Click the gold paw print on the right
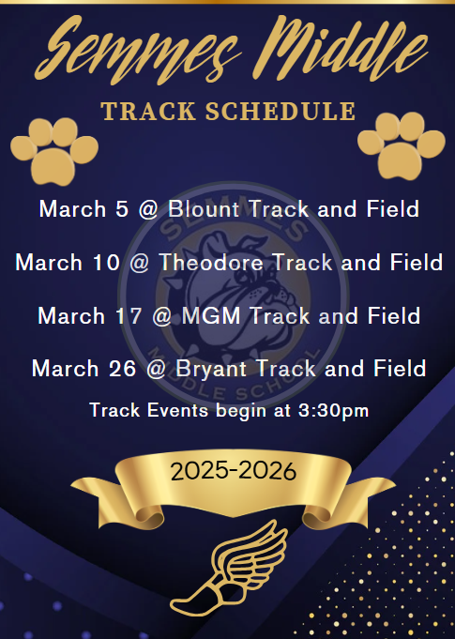pyautogui.click(x=401, y=144)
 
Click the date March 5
pyautogui.click(x=83, y=208)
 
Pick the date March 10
pyautogui.click(x=66, y=263)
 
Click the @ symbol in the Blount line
pyautogui.click(x=147, y=208)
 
